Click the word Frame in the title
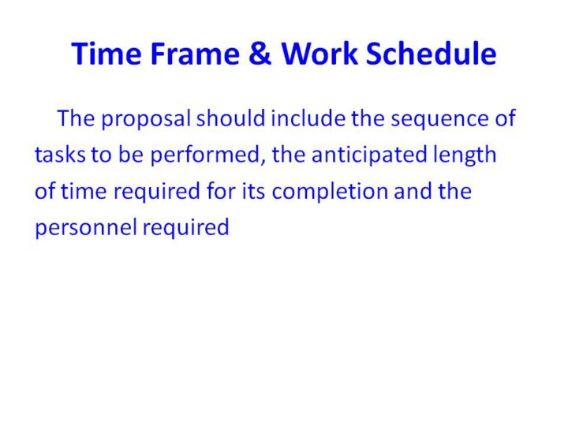click(195, 54)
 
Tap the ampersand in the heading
click(260, 54)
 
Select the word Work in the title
click(319, 53)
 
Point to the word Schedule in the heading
click(431, 53)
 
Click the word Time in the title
click(106, 54)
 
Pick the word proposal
click(146, 119)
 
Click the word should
click(230, 118)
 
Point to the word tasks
click(60, 155)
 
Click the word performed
click(204, 155)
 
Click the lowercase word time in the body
click(84, 191)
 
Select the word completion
click(330, 192)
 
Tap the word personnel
click(86, 228)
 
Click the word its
click(253, 191)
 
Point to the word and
click(413, 191)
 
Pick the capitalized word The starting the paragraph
click(76, 118)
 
